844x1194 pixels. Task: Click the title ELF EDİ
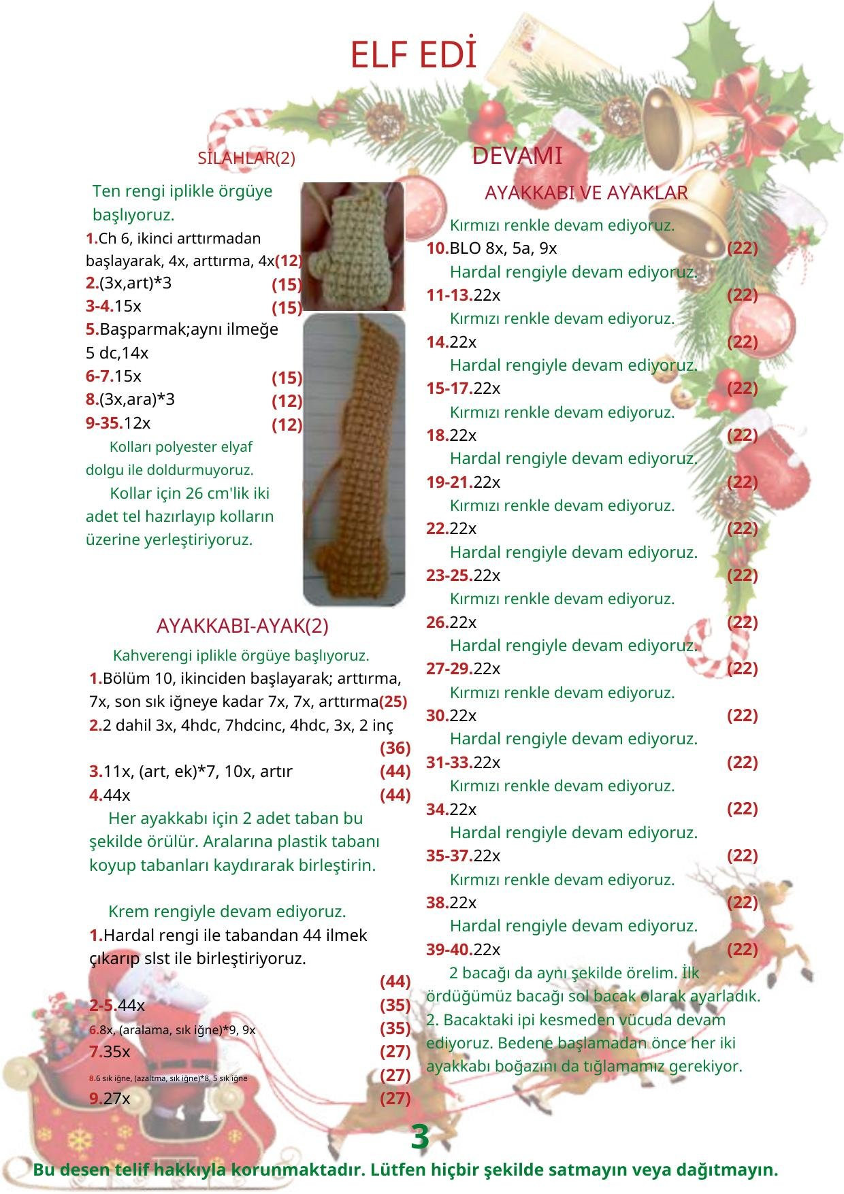412,56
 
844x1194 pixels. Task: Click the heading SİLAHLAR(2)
246,159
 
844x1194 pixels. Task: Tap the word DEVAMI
517,156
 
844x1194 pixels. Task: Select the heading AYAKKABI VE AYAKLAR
586,193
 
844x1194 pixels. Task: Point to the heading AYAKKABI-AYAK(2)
242,626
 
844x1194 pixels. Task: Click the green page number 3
420,1138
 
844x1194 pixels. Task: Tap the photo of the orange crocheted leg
354,459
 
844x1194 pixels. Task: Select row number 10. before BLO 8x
437,248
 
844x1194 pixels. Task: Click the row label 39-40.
449,949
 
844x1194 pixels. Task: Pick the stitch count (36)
395,748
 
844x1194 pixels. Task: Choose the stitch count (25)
393,701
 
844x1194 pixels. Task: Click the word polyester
191,447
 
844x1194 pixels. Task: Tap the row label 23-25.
449,576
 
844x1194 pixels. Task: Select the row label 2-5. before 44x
103,1006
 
